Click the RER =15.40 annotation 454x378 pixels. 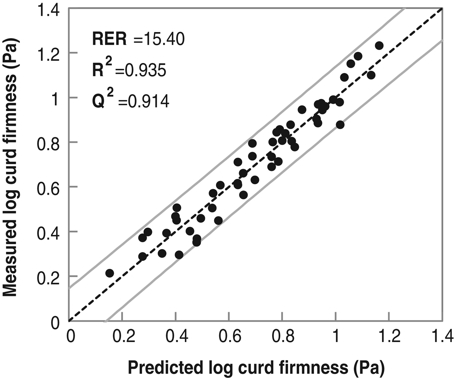coord(138,39)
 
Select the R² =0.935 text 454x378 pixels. coord(129,69)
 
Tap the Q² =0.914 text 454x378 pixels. coord(130,101)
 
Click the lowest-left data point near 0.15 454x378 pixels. coord(110,273)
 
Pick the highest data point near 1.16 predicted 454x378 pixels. coord(379,46)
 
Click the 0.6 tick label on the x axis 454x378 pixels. coord(229,336)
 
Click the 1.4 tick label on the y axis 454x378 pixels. coord(49,10)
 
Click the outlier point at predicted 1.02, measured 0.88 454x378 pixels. coord(340,125)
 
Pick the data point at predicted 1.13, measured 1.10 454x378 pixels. coord(371,75)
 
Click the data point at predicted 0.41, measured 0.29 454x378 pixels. coord(179,255)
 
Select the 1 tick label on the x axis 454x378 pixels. coord(336,336)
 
